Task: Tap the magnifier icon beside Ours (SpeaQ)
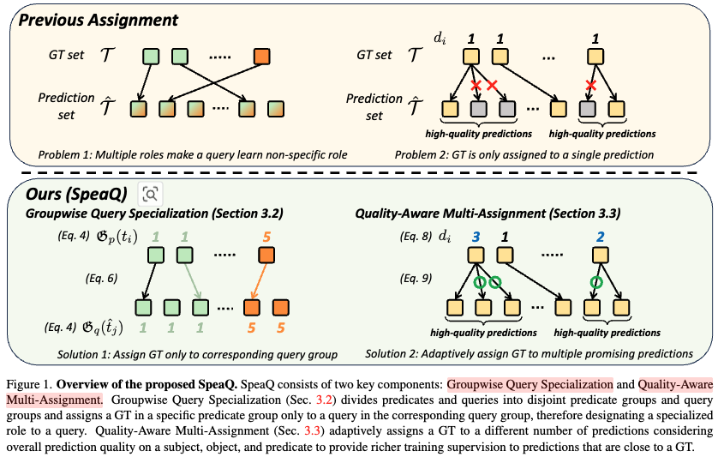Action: coord(151,193)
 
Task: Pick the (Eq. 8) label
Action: coord(417,234)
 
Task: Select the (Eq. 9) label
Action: coord(417,278)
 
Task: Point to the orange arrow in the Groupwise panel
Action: coord(258,280)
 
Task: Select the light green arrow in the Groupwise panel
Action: coord(190,280)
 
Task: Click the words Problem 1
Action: coord(62,154)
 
